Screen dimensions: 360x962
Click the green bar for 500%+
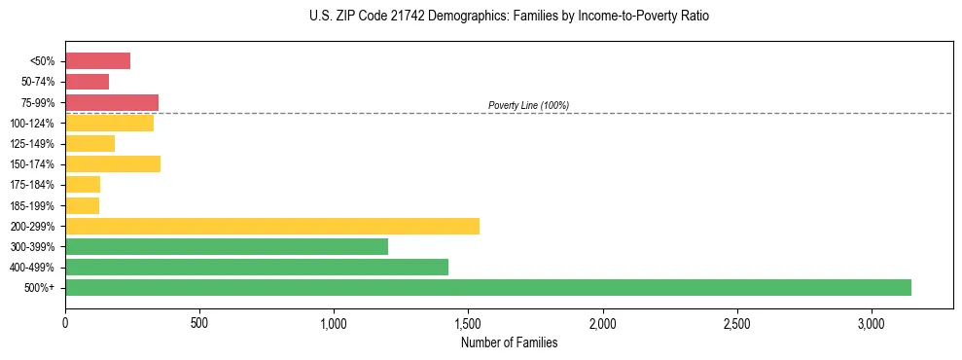click(487, 287)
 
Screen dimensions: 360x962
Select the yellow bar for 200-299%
click(272, 226)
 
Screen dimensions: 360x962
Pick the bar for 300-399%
click(227, 246)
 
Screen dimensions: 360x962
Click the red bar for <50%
click(97, 61)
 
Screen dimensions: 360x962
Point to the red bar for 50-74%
click(87, 82)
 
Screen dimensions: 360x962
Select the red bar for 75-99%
click(112, 102)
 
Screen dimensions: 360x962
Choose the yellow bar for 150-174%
click(113, 164)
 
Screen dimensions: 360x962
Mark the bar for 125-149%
click(89, 144)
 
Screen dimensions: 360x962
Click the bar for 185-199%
click(82, 205)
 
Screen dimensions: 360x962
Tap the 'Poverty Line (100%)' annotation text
click(528, 105)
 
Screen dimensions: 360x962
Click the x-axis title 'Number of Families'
click(509, 342)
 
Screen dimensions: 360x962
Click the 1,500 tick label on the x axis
click(468, 322)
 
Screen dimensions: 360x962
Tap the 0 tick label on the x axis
click(65, 322)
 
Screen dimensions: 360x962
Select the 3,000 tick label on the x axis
click(872, 322)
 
